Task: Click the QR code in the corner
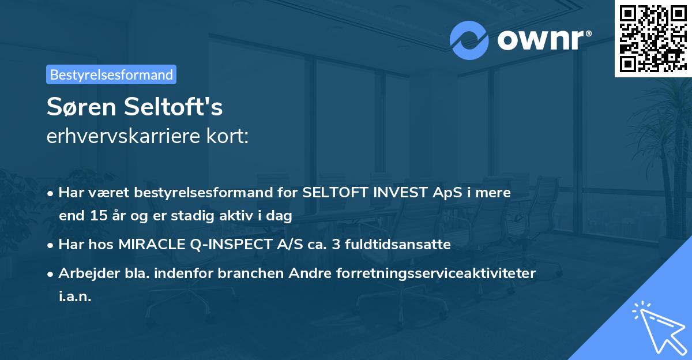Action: click(652, 39)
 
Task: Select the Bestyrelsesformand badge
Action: click(111, 74)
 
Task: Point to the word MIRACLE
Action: click(153, 245)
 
